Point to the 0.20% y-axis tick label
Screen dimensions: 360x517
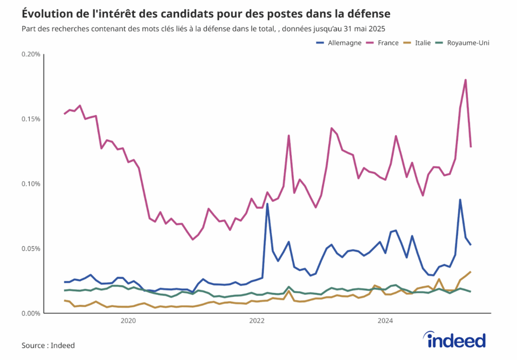(31, 55)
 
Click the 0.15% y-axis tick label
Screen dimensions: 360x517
(31, 119)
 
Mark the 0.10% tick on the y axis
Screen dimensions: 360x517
(31, 184)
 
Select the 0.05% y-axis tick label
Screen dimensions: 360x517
(31, 248)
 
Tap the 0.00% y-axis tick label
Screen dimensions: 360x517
(31, 313)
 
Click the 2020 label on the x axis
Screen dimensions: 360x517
(128, 321)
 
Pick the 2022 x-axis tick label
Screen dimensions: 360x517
(257, 321)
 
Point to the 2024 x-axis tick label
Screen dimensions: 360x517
(386, 321)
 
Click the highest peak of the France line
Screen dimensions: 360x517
(465, 80)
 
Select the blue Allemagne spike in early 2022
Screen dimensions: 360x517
(267, 204)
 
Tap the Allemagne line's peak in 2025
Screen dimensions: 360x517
(460, 200)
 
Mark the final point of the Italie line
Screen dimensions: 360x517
(471, 272)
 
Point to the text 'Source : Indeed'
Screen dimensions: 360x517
(48, 345)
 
